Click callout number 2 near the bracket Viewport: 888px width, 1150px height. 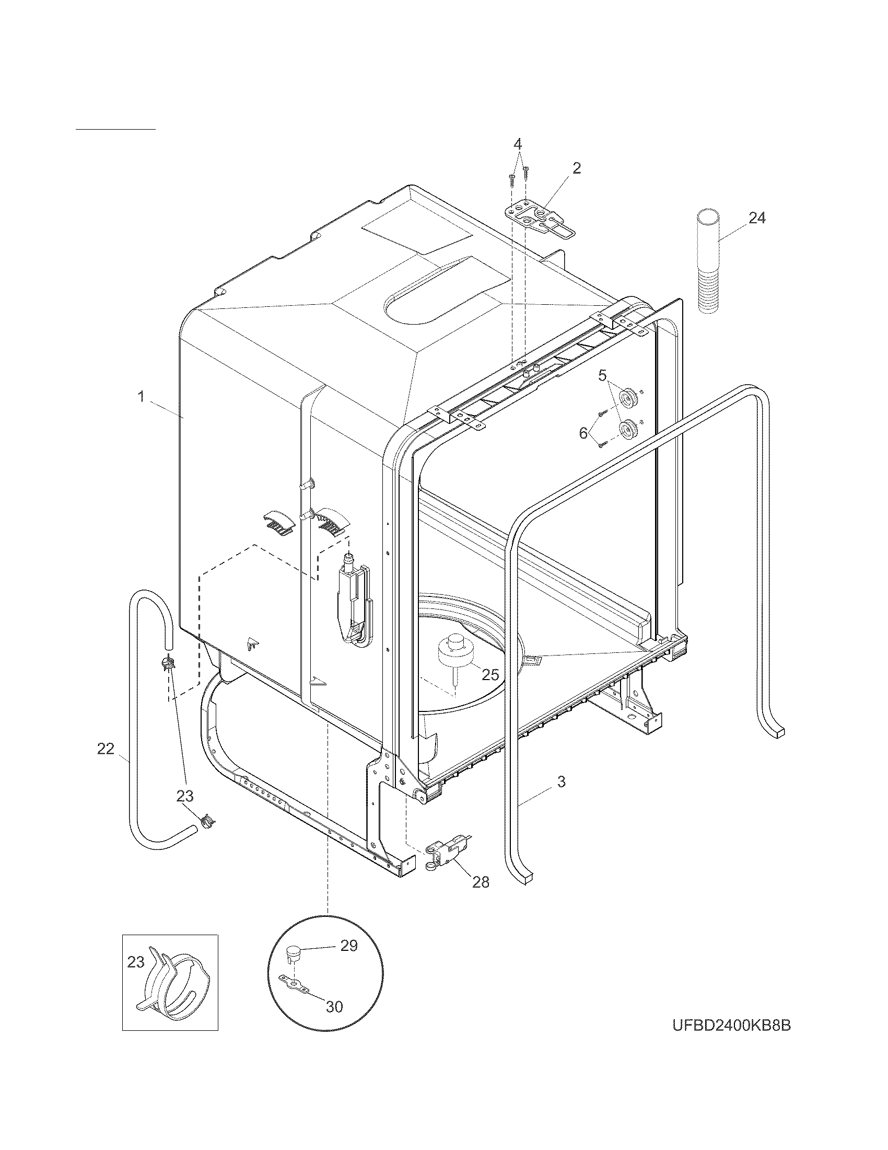tap(577, 168)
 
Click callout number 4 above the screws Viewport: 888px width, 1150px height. tap(518, 143)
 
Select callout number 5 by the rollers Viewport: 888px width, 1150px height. tap(602, 375)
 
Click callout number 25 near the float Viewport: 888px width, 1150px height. tap(490, 674)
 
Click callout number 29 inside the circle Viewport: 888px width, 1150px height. tap(349, 946)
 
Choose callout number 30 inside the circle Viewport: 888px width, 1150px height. tap(335, 1007)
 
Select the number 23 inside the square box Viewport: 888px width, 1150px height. tap(136, 962)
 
